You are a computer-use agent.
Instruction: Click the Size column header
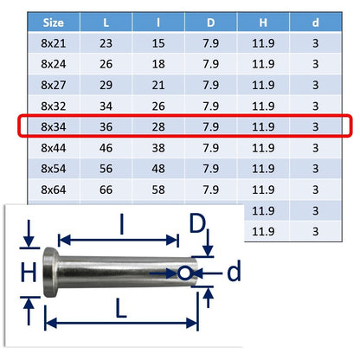53,22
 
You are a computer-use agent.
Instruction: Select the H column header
263,22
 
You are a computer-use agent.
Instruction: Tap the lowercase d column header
315,22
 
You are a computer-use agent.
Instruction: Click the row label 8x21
54,43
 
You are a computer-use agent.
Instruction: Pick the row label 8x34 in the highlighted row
54,126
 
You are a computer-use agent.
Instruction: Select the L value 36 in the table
106,126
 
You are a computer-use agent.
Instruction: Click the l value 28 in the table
158,126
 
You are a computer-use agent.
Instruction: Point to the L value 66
106,190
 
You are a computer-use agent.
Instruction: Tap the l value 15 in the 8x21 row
158,43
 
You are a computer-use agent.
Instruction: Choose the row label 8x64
54,190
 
